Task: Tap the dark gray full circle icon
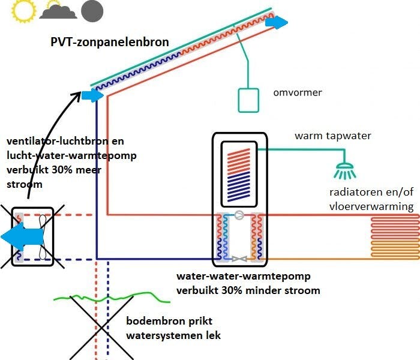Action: point(92,11)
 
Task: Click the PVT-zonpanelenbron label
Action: point(110,43)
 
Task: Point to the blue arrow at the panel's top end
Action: point(277,22)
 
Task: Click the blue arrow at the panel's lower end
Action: point(91,95)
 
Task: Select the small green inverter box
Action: point(248,100)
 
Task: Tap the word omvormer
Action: point(298,93)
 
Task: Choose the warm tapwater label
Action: point(332,136)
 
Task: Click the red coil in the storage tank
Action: point(239,160)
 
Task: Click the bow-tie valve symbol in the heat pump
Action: point(239,259)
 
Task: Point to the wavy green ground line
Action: point(108,296)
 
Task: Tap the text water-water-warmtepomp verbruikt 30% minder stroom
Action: point(248,284)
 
